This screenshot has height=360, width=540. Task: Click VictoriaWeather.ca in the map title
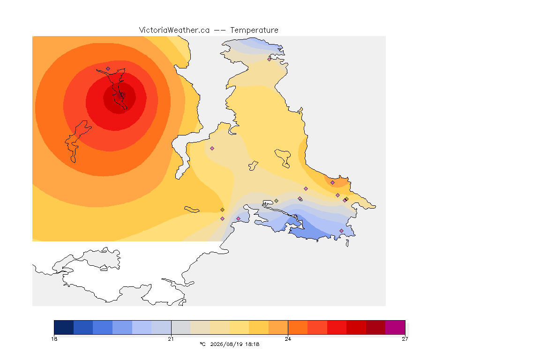coord(174,30)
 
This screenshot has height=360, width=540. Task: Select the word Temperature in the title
coord(254,30)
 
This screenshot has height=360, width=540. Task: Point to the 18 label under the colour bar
coord(54,339)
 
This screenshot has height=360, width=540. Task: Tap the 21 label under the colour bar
coord(171,339)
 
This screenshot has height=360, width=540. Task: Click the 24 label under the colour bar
coord(288,339)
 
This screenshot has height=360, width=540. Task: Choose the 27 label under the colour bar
coord(405,339)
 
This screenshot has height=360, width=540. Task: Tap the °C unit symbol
coord(202,344)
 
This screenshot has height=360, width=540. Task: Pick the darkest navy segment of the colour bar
coord(64,327)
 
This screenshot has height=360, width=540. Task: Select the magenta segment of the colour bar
coord(395,327)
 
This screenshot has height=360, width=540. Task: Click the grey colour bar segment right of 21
coord(181,327)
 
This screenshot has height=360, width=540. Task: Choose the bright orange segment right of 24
coord(298,327)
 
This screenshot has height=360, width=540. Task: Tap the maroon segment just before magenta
coord(376,327)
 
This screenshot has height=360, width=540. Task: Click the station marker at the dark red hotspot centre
coord(121,95)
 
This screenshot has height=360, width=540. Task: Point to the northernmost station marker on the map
coord(270,59)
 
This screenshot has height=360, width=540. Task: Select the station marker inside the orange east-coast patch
coord(332,183)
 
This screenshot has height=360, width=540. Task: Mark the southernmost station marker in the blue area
coord(341,231)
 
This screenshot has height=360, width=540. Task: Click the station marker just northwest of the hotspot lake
coord(108,68)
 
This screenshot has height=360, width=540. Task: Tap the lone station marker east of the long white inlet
coord(212,149)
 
